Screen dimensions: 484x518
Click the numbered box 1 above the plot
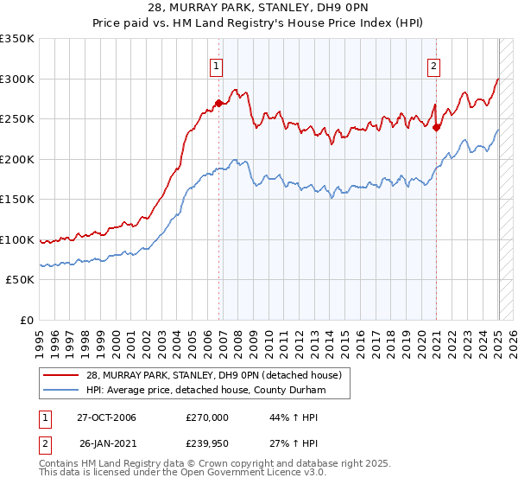tap(215, 63)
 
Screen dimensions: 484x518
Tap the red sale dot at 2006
tap(218, 103)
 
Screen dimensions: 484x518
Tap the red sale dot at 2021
tap(437, 127)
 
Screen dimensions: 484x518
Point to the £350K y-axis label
tap(17, 39)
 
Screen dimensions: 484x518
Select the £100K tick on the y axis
tap(17, 239)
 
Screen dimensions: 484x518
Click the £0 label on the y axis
tap(25, 320)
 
